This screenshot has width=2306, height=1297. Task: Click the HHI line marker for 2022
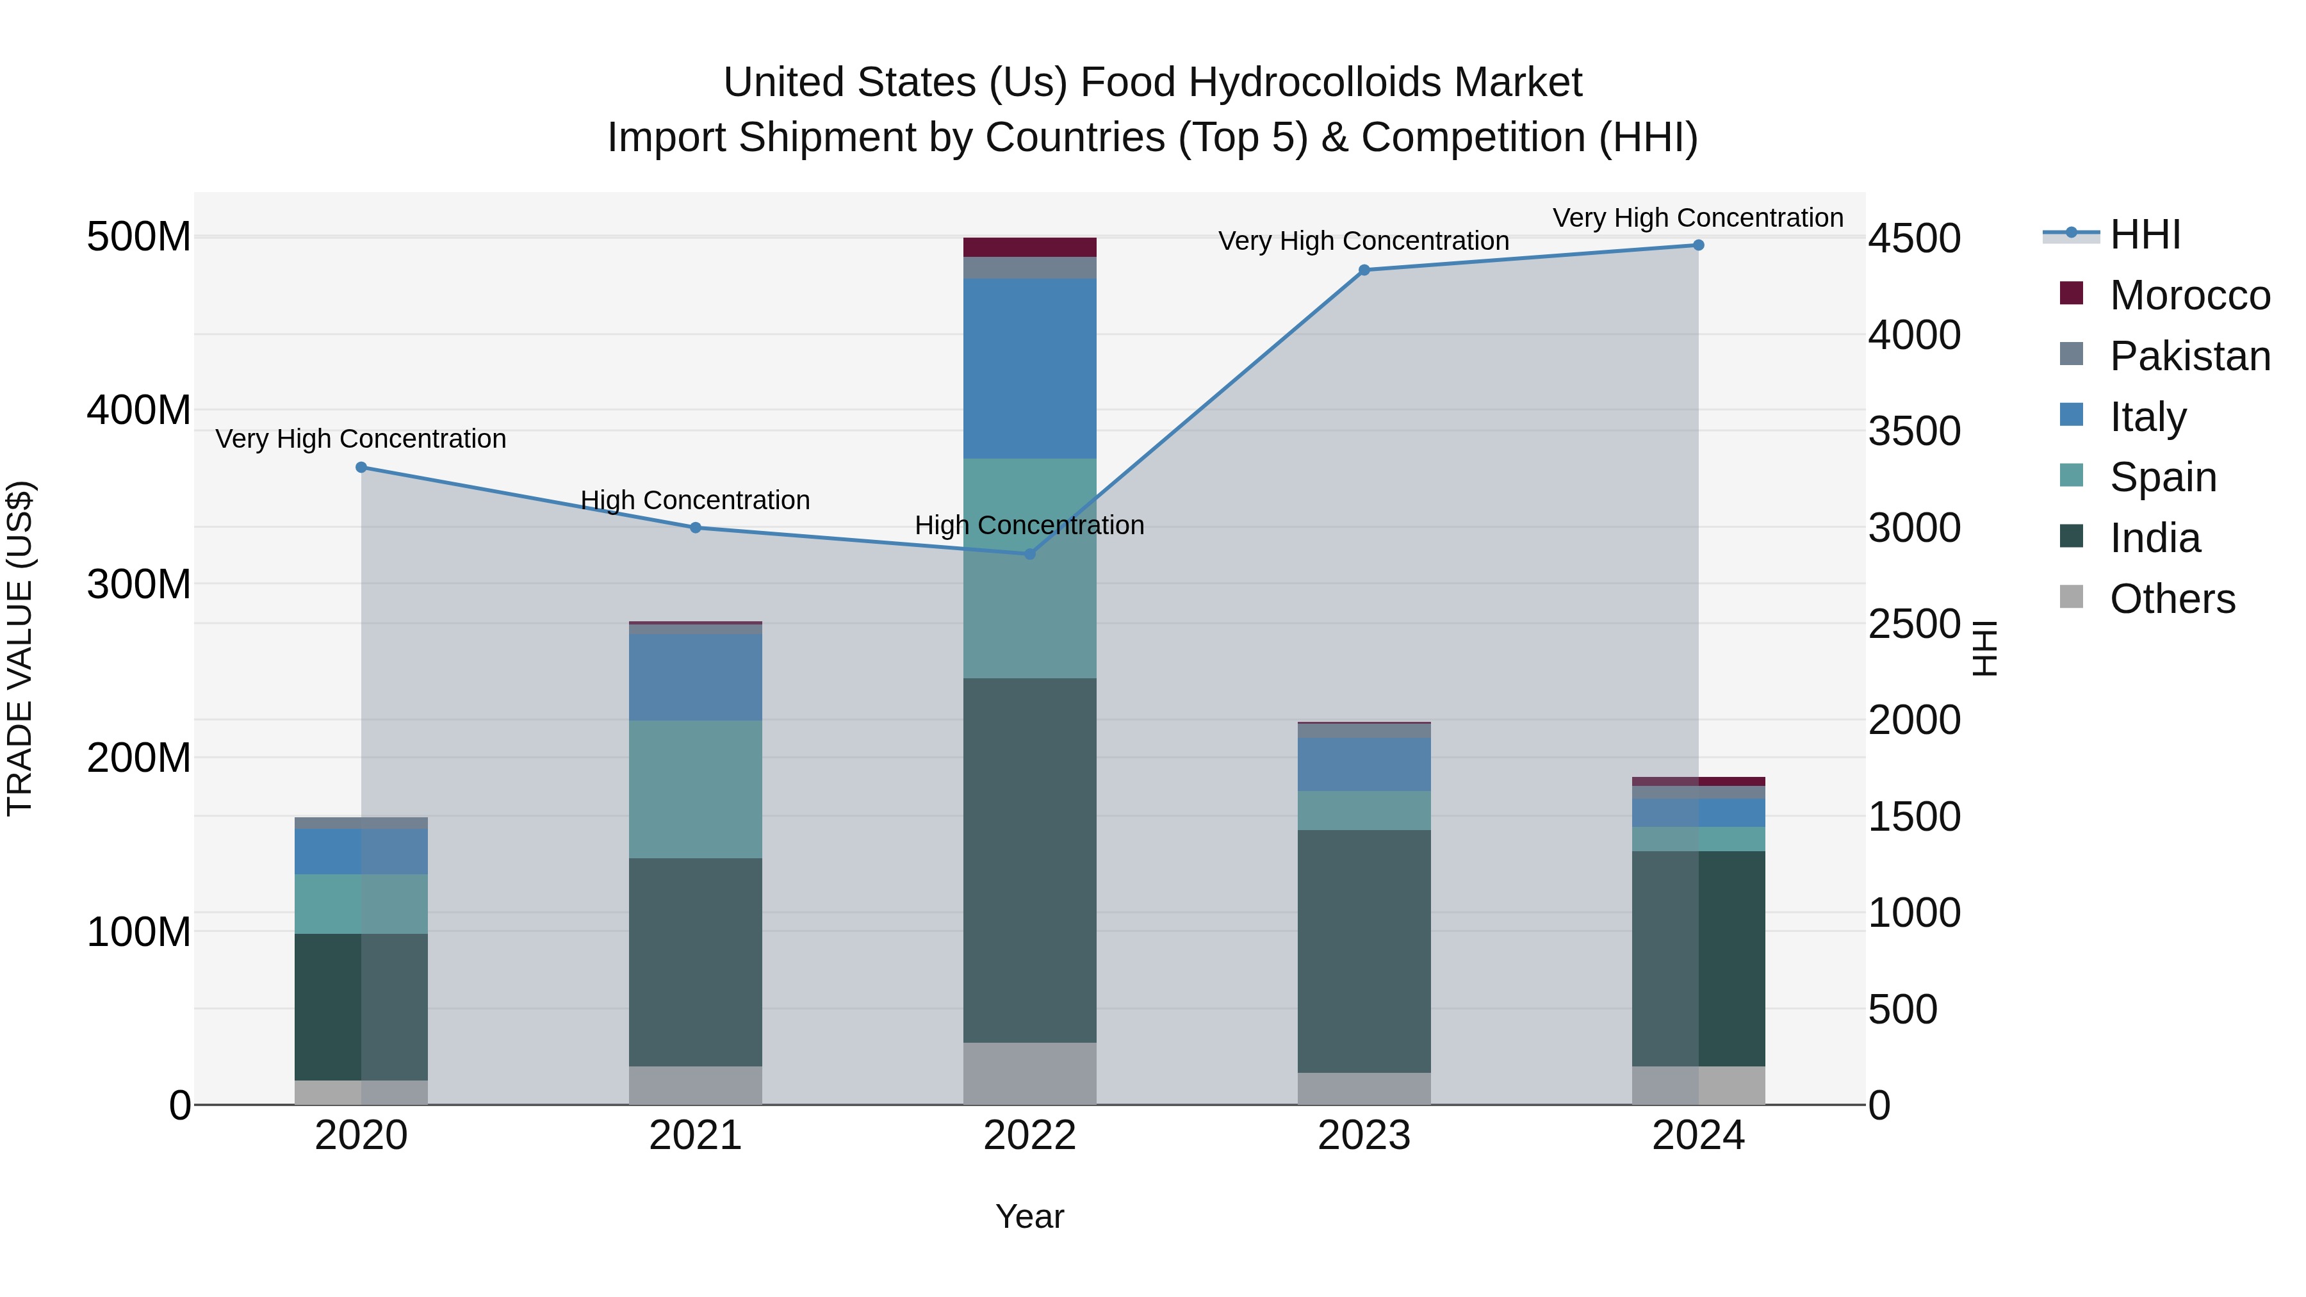point(1029,554)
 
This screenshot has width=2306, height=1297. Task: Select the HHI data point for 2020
point(362,468)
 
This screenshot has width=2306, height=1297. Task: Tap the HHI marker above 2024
point(1698,245)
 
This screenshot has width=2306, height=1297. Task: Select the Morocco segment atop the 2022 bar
point(1029,247)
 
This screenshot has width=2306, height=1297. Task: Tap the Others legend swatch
point(2072,597)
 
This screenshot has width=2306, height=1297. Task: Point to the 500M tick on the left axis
point(139,237)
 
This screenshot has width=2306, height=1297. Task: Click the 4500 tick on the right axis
point(1914,238)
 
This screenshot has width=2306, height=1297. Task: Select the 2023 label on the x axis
point(1363,1136)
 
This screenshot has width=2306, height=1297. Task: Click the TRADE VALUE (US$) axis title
point(20,648)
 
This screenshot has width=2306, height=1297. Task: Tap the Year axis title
point(1029,1216)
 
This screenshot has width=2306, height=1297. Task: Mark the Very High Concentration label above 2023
point(1363,241)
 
